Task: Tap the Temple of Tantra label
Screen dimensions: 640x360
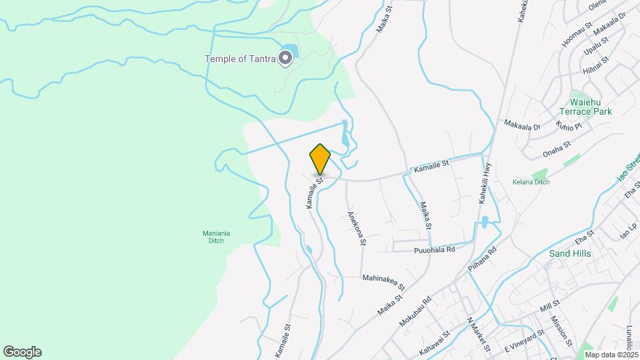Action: tap(240, 59)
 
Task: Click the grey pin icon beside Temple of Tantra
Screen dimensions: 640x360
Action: tap(286, 59)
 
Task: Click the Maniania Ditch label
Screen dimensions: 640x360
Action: tap(216, 237)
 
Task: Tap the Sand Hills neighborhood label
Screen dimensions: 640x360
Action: tap(570, 253)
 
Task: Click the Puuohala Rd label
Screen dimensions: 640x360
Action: tap(434, 249)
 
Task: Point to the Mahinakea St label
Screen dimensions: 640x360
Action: tap(383, 277)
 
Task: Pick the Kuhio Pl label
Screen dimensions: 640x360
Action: tap(570, 125)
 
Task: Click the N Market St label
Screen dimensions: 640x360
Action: tap(479, 335)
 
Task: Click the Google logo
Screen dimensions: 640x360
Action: tap(22, 352)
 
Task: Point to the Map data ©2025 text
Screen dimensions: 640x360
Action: tap(612, 355)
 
